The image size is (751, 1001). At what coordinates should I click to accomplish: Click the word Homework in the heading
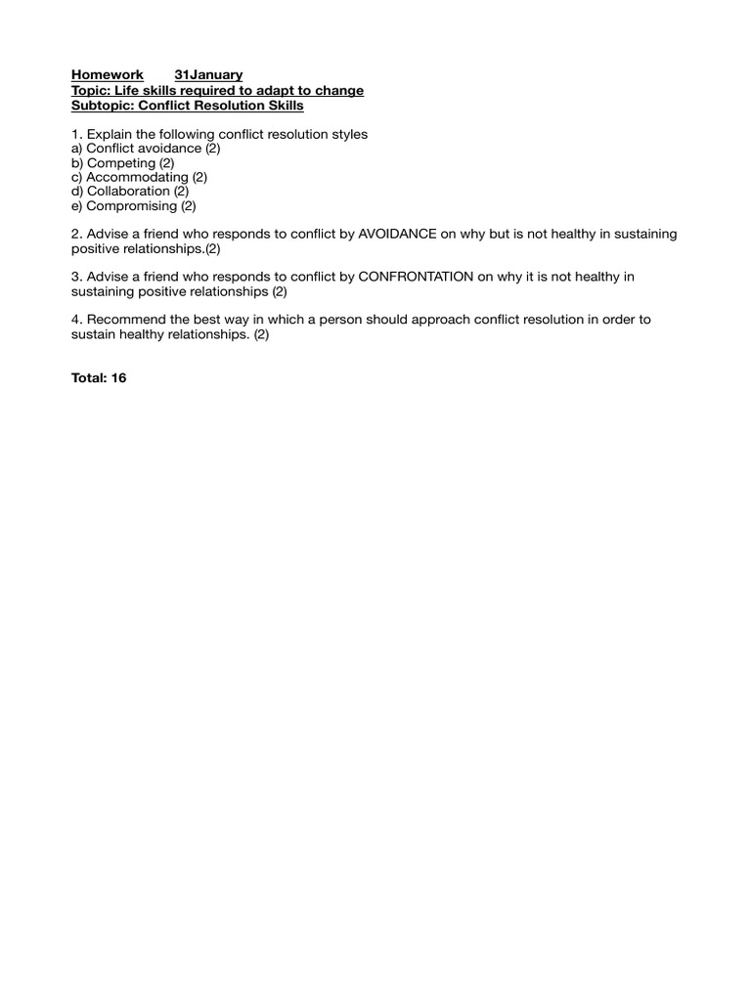tap(108, 75)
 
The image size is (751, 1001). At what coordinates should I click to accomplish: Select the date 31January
tap(208, 75)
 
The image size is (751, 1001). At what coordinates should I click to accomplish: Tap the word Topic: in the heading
tap(93, 91)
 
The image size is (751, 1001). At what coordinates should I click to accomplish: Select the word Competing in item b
tap(120, 163)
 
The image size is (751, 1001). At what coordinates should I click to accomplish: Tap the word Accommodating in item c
tap(137, 177)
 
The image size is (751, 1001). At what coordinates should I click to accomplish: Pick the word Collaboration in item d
tap(128, 192)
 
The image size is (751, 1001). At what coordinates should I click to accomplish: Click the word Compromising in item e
tap(132, 206)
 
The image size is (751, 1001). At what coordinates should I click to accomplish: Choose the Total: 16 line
tap(99, 378)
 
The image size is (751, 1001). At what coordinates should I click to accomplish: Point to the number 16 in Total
tap(118, 378)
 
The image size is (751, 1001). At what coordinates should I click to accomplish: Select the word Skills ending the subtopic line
tap(285, 106)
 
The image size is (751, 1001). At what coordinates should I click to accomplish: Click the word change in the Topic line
tap(340, 91)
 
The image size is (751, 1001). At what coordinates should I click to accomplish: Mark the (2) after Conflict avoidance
tap(213, 149)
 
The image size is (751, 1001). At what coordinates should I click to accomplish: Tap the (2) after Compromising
tap(189, 206)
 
